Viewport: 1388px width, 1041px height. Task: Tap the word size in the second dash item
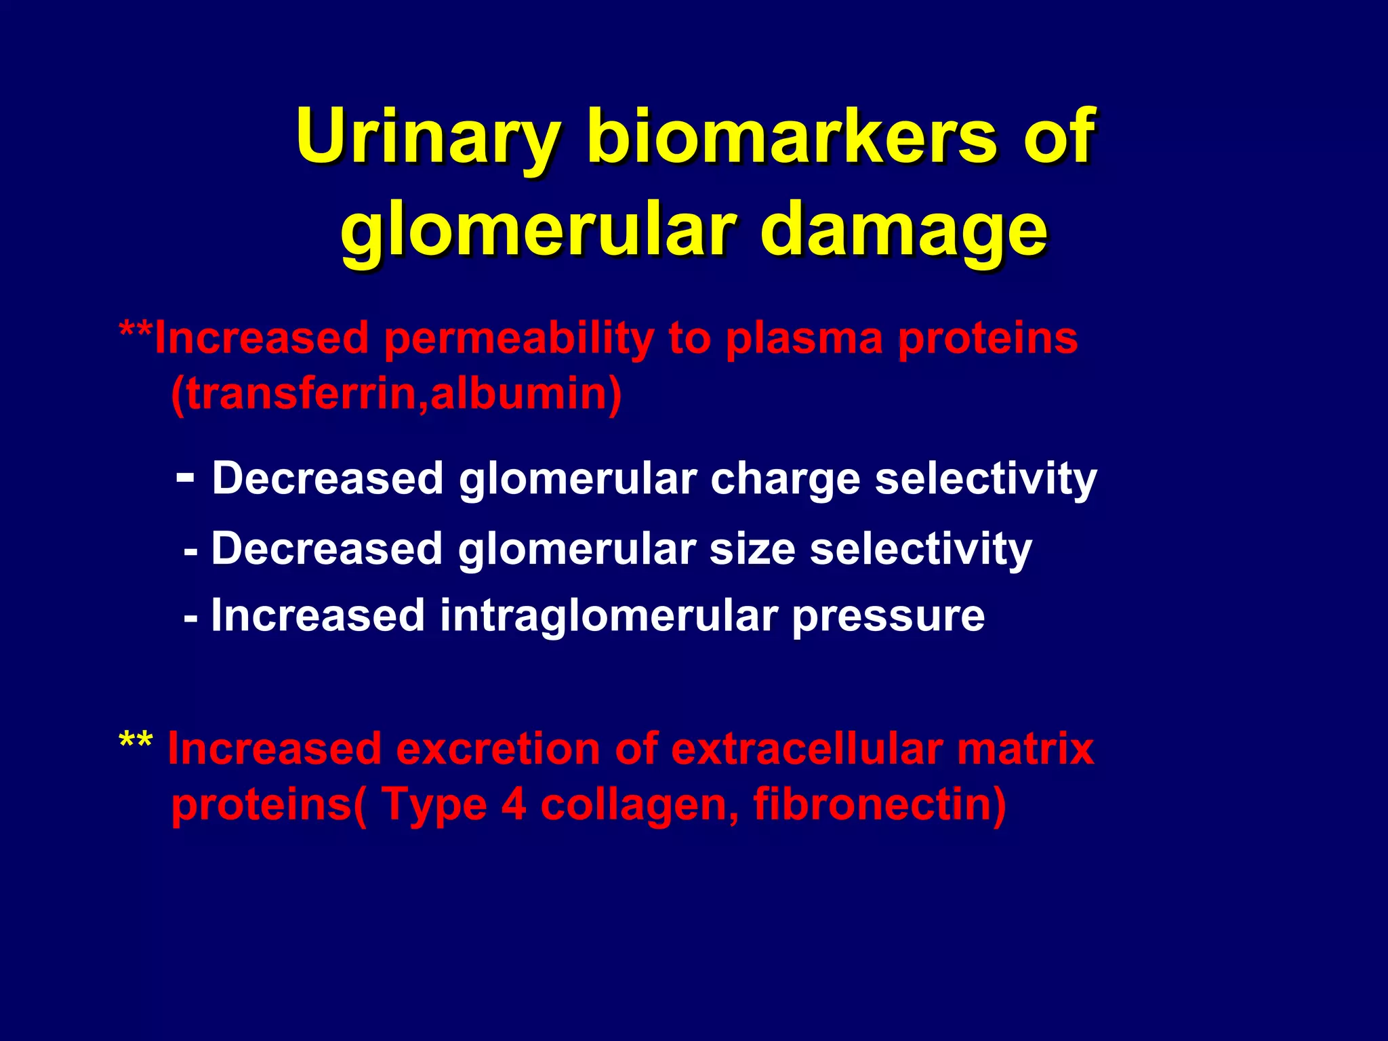coord(752,548)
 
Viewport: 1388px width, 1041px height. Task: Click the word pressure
coord(888,616)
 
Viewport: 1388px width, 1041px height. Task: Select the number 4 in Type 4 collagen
coord(514,804)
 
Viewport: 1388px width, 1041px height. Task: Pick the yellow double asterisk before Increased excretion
coord(136,741)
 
